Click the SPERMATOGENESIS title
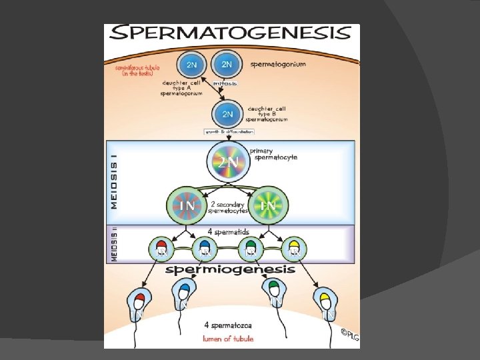231,34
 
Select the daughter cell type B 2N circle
228,113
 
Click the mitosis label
225,84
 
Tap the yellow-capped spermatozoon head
325,297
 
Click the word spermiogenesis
230,269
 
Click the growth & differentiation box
229,132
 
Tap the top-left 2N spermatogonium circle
191,65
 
